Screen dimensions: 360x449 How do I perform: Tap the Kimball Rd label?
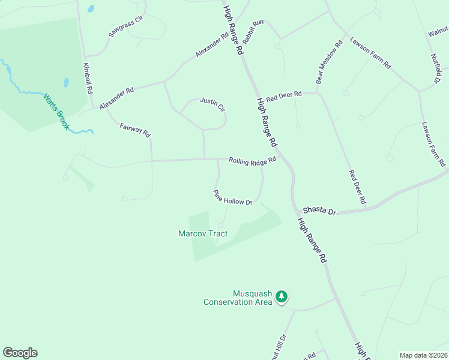coord(88,77)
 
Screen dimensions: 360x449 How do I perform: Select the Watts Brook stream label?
coord(56,108)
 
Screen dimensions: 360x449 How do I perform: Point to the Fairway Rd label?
coord(134,130)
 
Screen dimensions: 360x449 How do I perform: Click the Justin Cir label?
coord(212,104)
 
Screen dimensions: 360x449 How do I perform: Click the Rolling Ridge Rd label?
coord(252,160)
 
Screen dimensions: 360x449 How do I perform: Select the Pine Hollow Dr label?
coord(232,198)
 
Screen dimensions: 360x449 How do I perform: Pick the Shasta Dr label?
coord(321,211)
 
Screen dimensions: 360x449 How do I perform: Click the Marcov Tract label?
coord(203,233)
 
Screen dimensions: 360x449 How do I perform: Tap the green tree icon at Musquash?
coord(282,296)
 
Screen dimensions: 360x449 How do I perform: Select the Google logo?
coord(20,353)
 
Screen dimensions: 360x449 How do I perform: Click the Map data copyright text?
coord(423,355)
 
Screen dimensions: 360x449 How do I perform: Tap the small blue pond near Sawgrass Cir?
coord(91,9)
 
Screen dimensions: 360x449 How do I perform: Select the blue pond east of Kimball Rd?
coord(66,83)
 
